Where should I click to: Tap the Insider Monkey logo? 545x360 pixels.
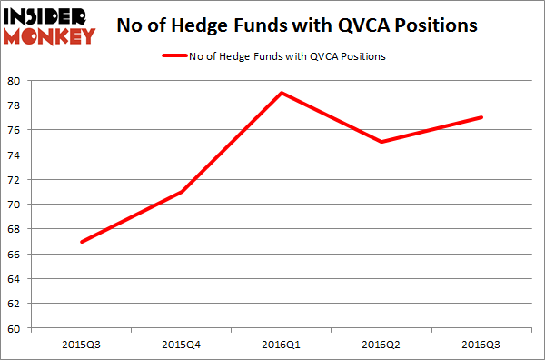coord(51,25)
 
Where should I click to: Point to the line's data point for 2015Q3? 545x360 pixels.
coord(83,242)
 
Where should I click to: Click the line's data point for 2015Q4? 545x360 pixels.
coord(183,192)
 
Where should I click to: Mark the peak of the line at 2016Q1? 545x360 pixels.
coord(282,93)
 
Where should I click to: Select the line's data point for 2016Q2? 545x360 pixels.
coord(381,142)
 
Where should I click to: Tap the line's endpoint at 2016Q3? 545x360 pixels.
coord(481,117)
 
